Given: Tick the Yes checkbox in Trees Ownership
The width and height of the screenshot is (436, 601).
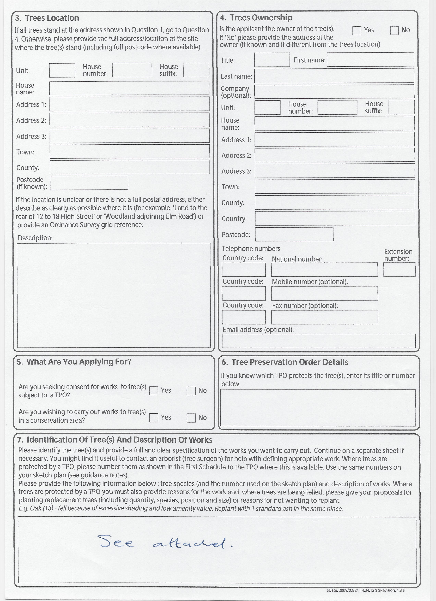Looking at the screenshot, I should click(357, 31).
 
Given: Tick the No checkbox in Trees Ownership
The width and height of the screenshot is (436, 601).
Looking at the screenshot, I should click(394, 31).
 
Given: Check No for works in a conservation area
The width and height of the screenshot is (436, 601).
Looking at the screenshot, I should click(191, 418).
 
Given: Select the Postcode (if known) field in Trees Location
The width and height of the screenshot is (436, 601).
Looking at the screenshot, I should click(89, 183).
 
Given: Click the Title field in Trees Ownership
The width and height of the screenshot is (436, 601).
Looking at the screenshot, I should click(272, 60).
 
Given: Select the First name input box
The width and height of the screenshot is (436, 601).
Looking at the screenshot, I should click(370, 59).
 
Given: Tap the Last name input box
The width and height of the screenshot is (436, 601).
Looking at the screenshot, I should click(334, 76).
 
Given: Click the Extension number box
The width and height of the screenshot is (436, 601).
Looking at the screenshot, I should click(399, 269).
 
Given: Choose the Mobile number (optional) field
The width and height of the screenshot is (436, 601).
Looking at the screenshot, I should click(325, 293).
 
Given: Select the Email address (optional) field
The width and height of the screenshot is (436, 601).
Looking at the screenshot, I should click(319, 341).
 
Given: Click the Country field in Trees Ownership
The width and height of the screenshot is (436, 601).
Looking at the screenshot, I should click(335, 218).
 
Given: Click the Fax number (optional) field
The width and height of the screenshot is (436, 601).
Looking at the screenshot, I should click(325, 317).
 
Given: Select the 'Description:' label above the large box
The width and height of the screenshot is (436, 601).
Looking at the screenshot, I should click(35, 238).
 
